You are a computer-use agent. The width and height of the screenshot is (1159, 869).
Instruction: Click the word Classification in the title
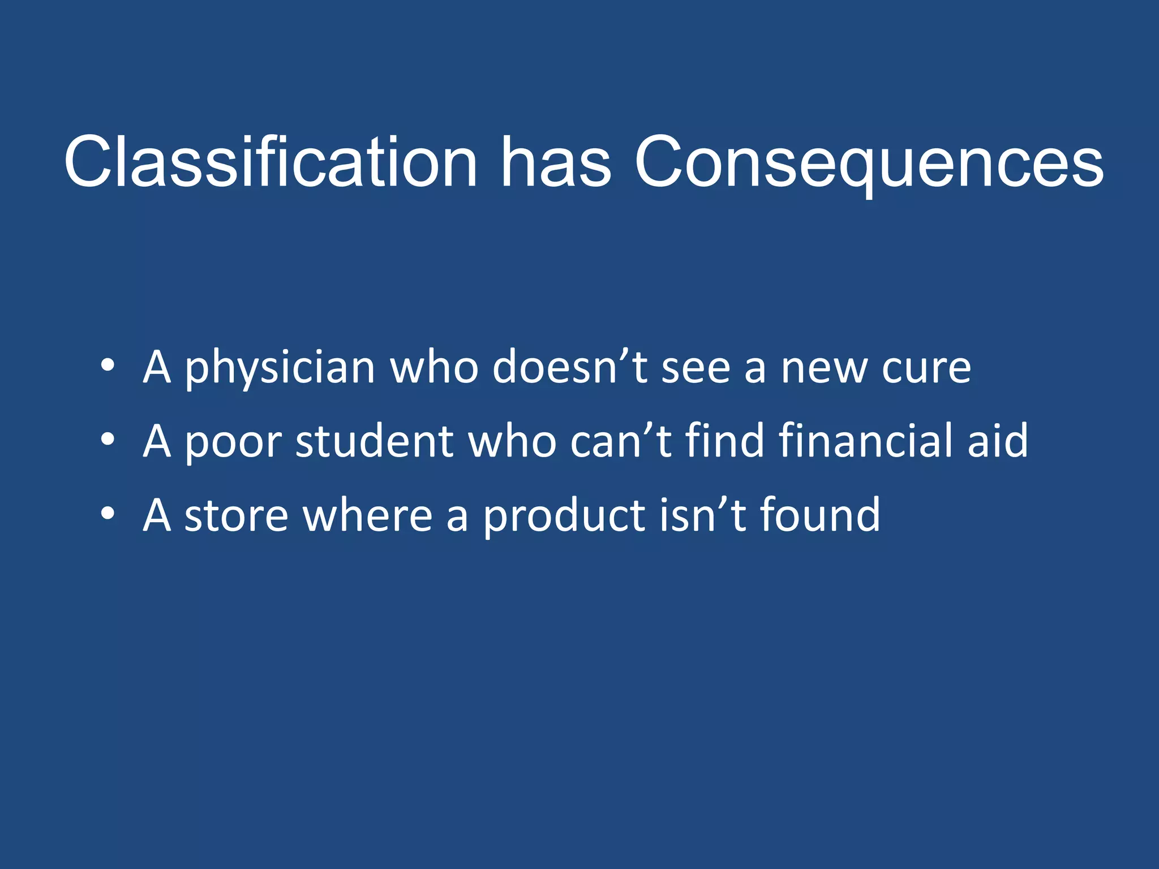point(271,162)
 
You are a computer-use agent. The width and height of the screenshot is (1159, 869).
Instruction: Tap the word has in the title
point(556,162)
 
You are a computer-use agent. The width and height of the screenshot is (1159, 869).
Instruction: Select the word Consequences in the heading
point(869,162)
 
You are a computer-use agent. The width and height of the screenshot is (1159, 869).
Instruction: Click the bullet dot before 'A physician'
point(108,365)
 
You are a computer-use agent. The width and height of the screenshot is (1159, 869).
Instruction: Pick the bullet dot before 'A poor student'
point(108,439)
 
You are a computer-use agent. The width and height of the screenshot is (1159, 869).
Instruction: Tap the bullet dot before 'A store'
point(108,513)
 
